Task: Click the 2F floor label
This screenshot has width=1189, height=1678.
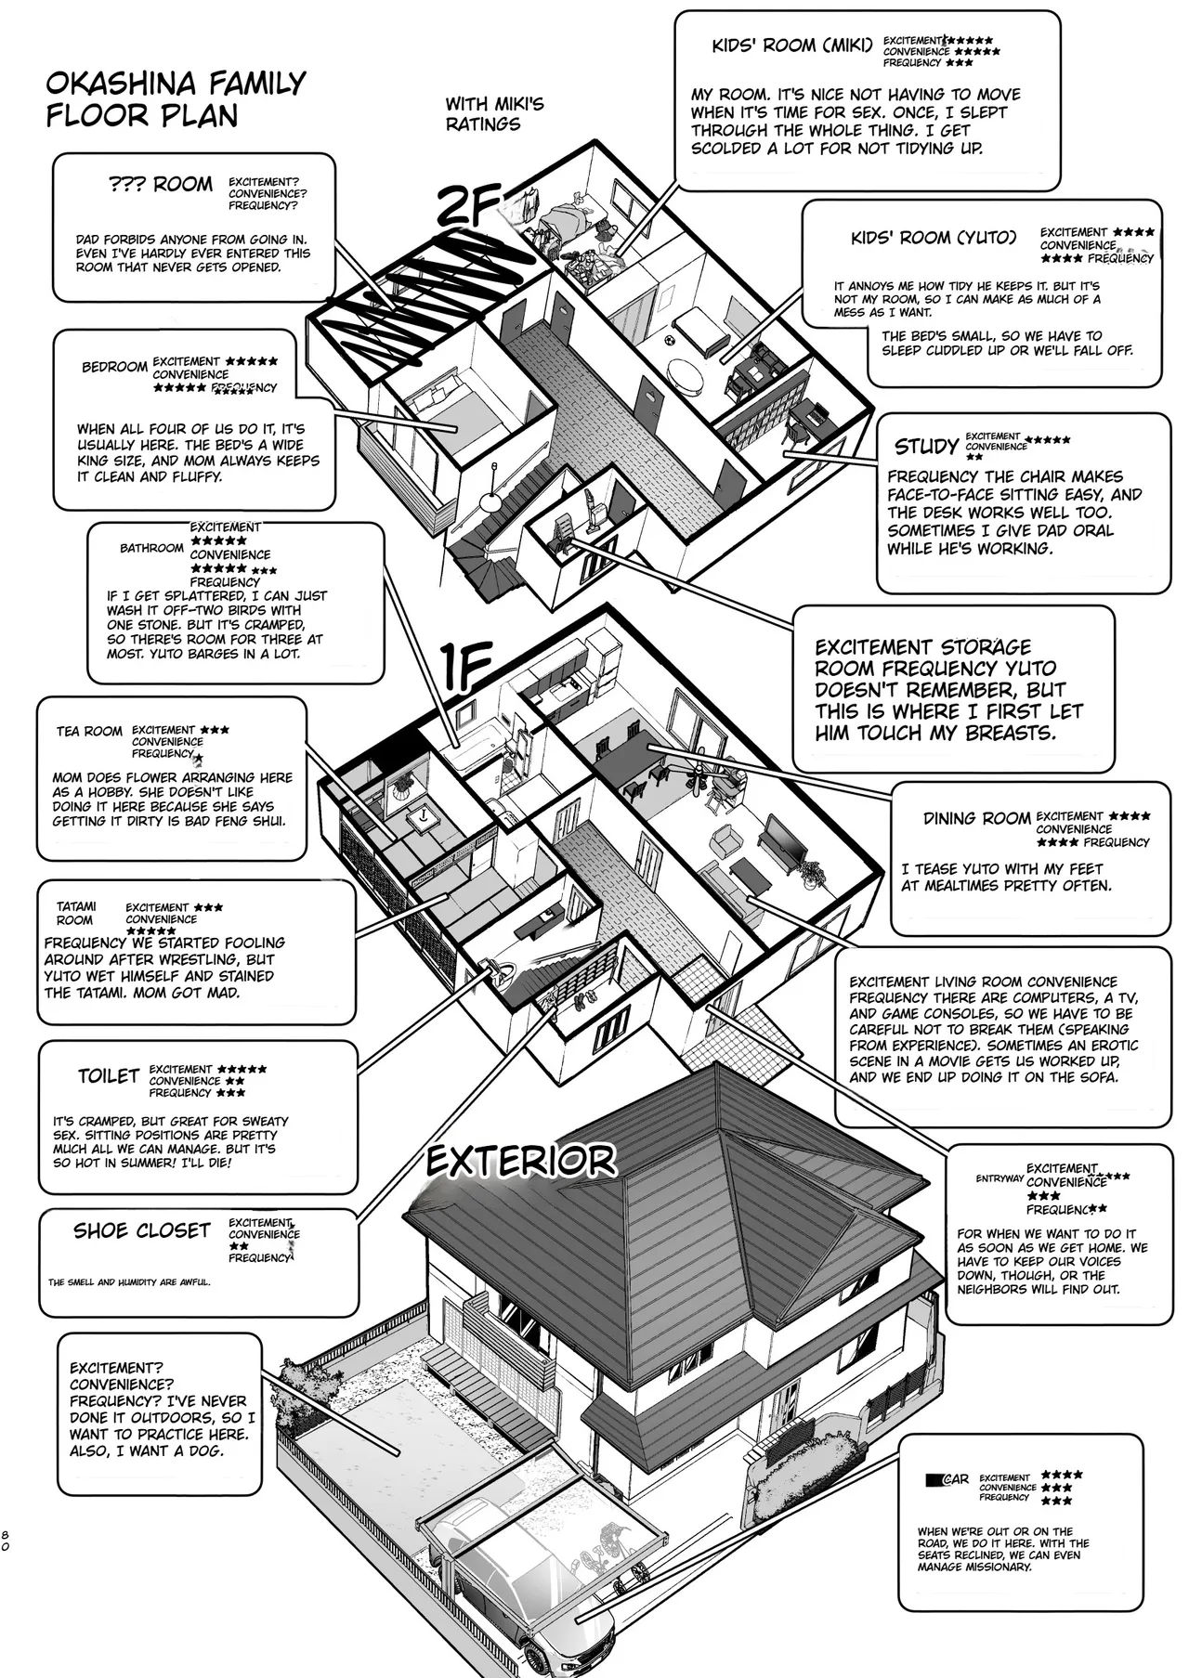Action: [468, 206]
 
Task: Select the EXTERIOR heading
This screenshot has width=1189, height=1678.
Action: [521, 1161]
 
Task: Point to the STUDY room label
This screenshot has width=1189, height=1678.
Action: [926, 447]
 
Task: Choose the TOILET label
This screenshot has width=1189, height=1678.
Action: [109, 1076]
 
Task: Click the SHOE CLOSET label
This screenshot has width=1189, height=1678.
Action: [142, 1230]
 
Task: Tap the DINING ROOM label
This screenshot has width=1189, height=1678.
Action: [977, 818]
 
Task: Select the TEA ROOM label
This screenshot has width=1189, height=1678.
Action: [89, 732]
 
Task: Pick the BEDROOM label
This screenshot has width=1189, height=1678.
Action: [114, 367]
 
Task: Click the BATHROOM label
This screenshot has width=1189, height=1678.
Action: [151, 548]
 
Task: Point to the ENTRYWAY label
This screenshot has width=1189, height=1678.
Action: [1000, 1178]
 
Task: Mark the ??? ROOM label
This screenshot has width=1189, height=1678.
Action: [161, 184]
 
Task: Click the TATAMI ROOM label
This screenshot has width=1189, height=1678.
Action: [75, 914]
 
